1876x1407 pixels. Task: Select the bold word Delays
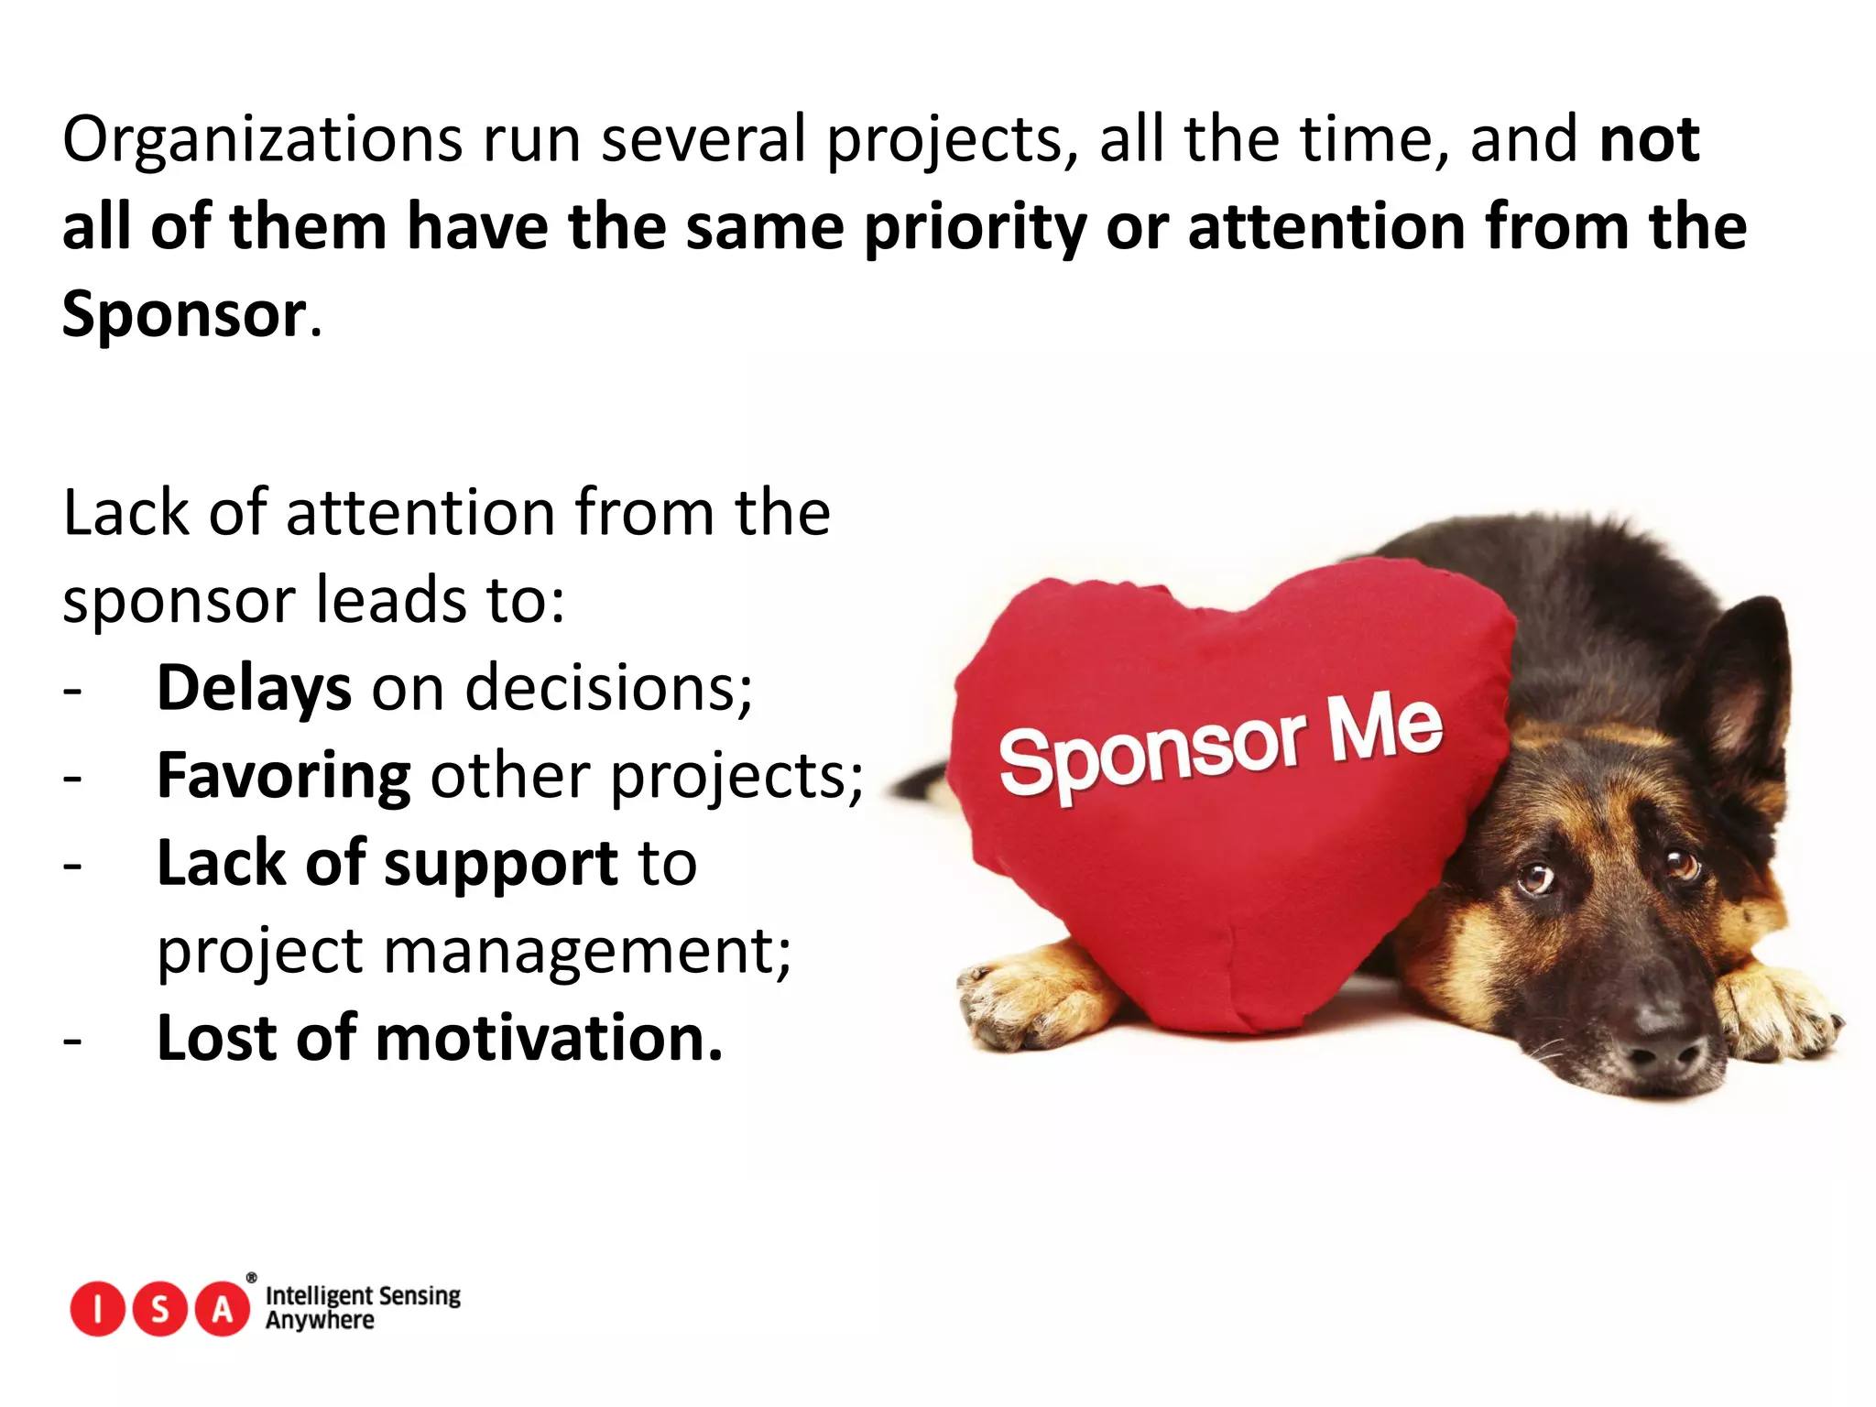254,688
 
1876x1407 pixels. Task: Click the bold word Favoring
284,776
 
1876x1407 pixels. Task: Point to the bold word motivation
549,1039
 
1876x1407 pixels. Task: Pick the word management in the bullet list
586,952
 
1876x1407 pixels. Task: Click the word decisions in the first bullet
608,688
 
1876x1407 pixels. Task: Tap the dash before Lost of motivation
73,1042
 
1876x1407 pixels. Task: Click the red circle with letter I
97,1309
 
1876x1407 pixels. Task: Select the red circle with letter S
160,1309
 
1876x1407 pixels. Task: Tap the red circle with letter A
223,1309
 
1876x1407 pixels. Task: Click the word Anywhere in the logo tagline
320,1321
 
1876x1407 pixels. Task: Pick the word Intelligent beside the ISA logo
317,1296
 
